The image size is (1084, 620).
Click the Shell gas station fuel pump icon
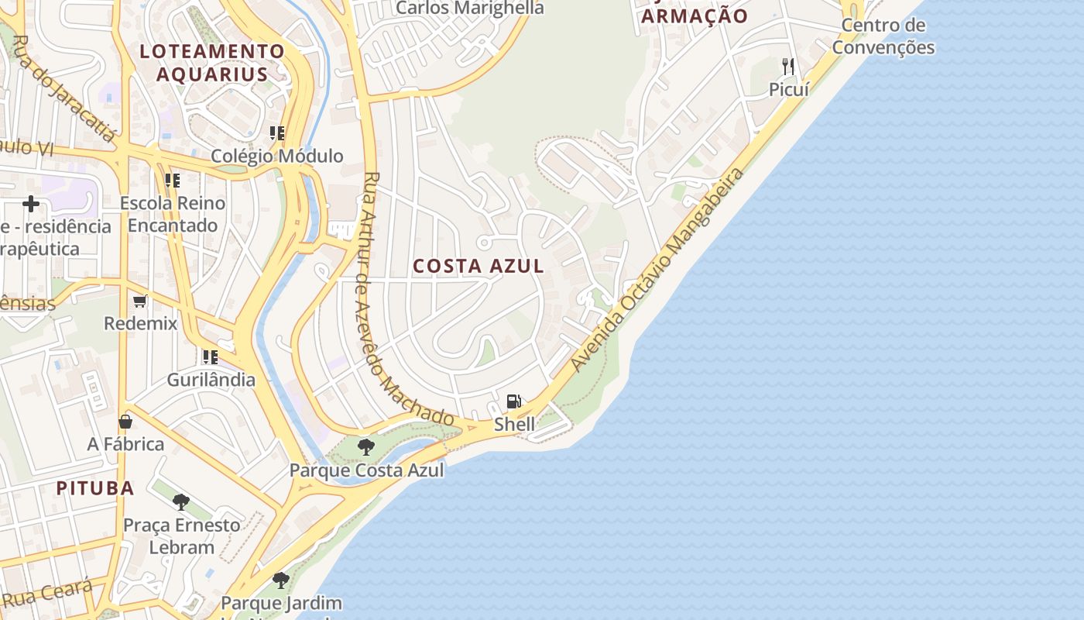coord(513,401)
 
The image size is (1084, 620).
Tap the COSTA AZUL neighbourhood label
coord(479,266)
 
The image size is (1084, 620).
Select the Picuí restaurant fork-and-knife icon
coord(788,67)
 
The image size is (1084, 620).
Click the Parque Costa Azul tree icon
coord(366,447)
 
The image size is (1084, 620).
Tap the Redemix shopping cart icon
coord(140,301)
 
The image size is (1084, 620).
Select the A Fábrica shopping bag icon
coord(125,422)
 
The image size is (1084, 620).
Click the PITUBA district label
coord(95,488)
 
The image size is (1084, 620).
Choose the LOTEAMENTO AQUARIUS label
coord(212,63)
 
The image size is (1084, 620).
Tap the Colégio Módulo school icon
coord(277,133)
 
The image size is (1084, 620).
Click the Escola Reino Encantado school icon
coord(173,181)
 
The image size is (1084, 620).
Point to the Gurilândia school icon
coord(211,357)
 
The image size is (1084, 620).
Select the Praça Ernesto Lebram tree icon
coord(181,502)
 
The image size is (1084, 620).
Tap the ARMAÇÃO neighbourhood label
coord(695,16)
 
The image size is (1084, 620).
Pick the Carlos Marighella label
coord(470,9)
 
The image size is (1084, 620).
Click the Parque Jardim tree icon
coord(281,580)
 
